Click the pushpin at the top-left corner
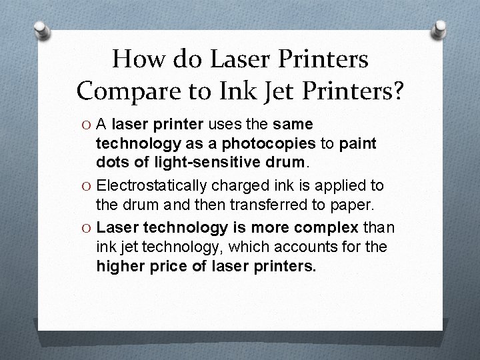[x=41, y=31]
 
